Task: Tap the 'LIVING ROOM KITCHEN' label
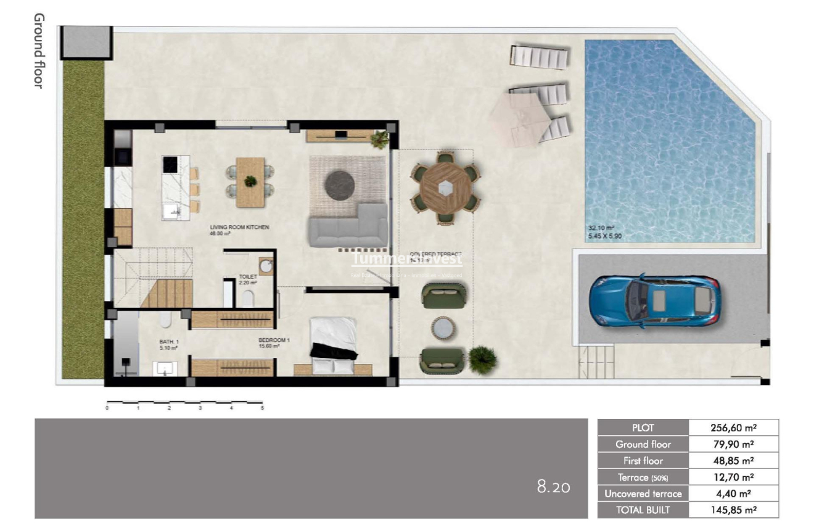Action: point(239,228)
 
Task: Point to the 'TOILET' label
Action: point(248,277)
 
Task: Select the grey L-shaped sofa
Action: point(349,228)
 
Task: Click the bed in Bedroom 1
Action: point(333,345)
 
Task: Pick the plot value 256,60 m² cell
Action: point(733,428)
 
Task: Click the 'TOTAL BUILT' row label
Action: point(643,510)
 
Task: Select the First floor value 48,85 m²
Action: point(733,461)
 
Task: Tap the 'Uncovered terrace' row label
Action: point(643,494)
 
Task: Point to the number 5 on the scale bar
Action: point(262,408)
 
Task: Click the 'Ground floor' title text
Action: point(38,51)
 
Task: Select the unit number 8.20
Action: point(553,487)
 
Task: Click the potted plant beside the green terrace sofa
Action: point(482,360)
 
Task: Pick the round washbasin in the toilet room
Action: point(266,266)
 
